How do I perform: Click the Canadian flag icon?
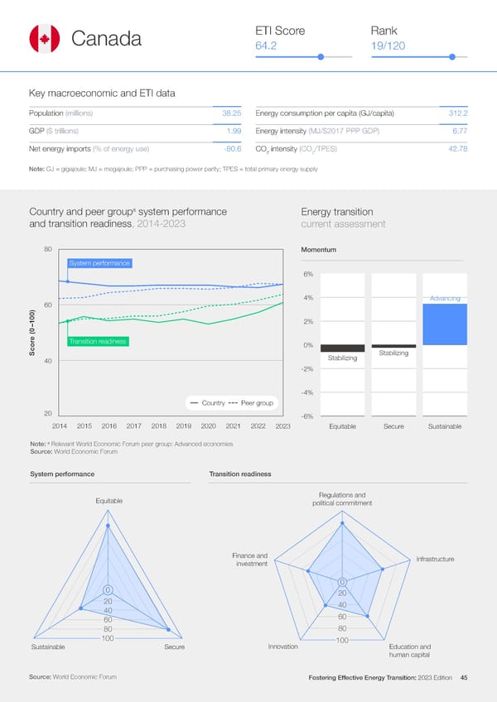point(44,39)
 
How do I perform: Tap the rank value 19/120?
point(388,46)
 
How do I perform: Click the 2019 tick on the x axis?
point(184,426)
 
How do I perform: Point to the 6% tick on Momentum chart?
point(306,275)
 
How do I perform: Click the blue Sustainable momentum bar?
point(445,324)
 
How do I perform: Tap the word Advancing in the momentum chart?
point(445,298)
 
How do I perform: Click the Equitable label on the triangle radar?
point(109,500)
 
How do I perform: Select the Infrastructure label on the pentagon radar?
point(435,560)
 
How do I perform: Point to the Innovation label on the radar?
point(283,647)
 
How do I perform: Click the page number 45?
point(464,678)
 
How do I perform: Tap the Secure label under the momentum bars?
point(393,426)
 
